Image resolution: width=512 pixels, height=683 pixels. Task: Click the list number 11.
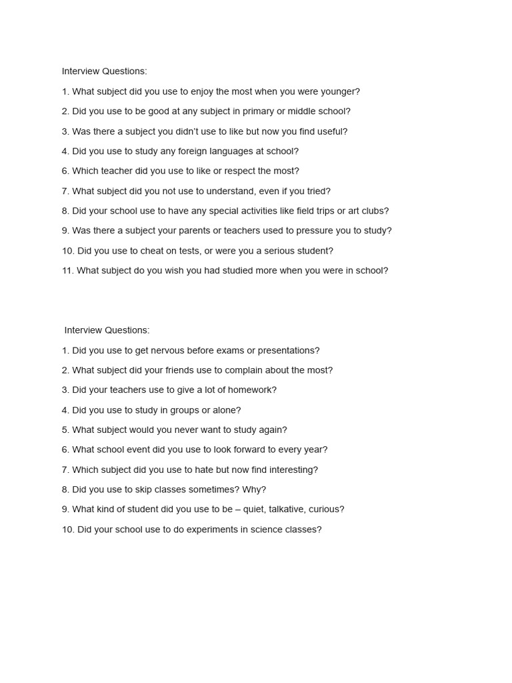(x=67, y=271)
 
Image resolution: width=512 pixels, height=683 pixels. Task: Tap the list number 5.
(x=65, y=430)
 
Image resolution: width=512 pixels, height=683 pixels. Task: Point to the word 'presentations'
(x=289, y=350)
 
